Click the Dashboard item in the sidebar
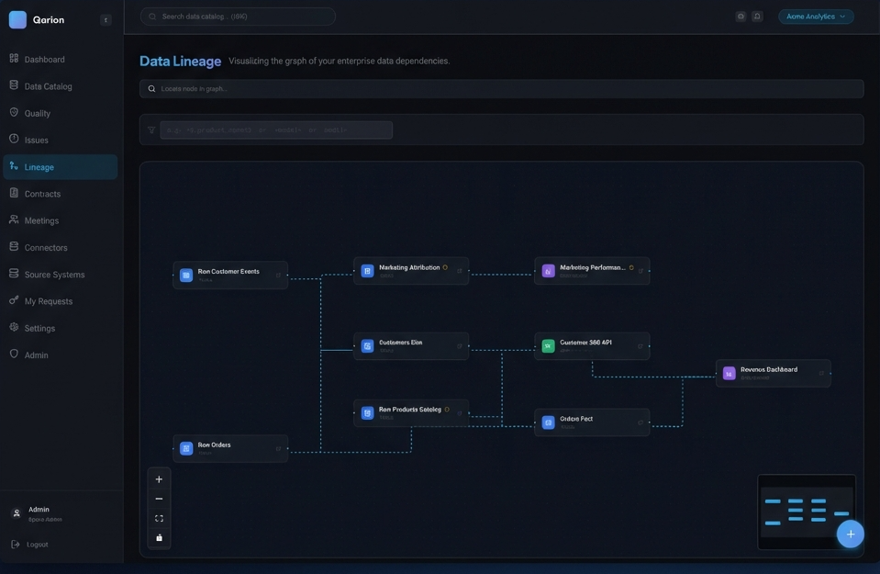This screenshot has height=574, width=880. tap(44, 60)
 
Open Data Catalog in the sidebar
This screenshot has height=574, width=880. tap(48, 86)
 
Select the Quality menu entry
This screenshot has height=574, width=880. tap(38, 113)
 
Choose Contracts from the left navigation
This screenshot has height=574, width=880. tap(42, 194)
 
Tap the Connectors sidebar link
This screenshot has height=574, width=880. tap(46, 248)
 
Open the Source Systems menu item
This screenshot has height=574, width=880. tap(54, 275)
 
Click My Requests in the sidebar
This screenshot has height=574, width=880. tap(48, 301)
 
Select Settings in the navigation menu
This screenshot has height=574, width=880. tap(39, 328)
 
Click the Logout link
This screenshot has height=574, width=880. tap(37, 545)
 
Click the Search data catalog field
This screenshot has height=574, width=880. tap(239, 17)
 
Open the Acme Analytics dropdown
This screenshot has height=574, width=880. tap(816, 17)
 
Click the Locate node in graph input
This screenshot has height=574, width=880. tap(501, 89)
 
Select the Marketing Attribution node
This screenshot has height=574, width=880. tap(411, 271)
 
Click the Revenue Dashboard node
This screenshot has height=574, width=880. tap(773, 373)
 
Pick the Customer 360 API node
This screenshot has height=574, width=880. tap(592, 345)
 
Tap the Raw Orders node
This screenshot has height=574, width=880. tap(230, 448)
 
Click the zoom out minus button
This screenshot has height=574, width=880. tap(159, 499)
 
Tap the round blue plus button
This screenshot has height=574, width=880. tap(850, 534)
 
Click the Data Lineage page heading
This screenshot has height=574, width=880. tap(180, 62)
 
